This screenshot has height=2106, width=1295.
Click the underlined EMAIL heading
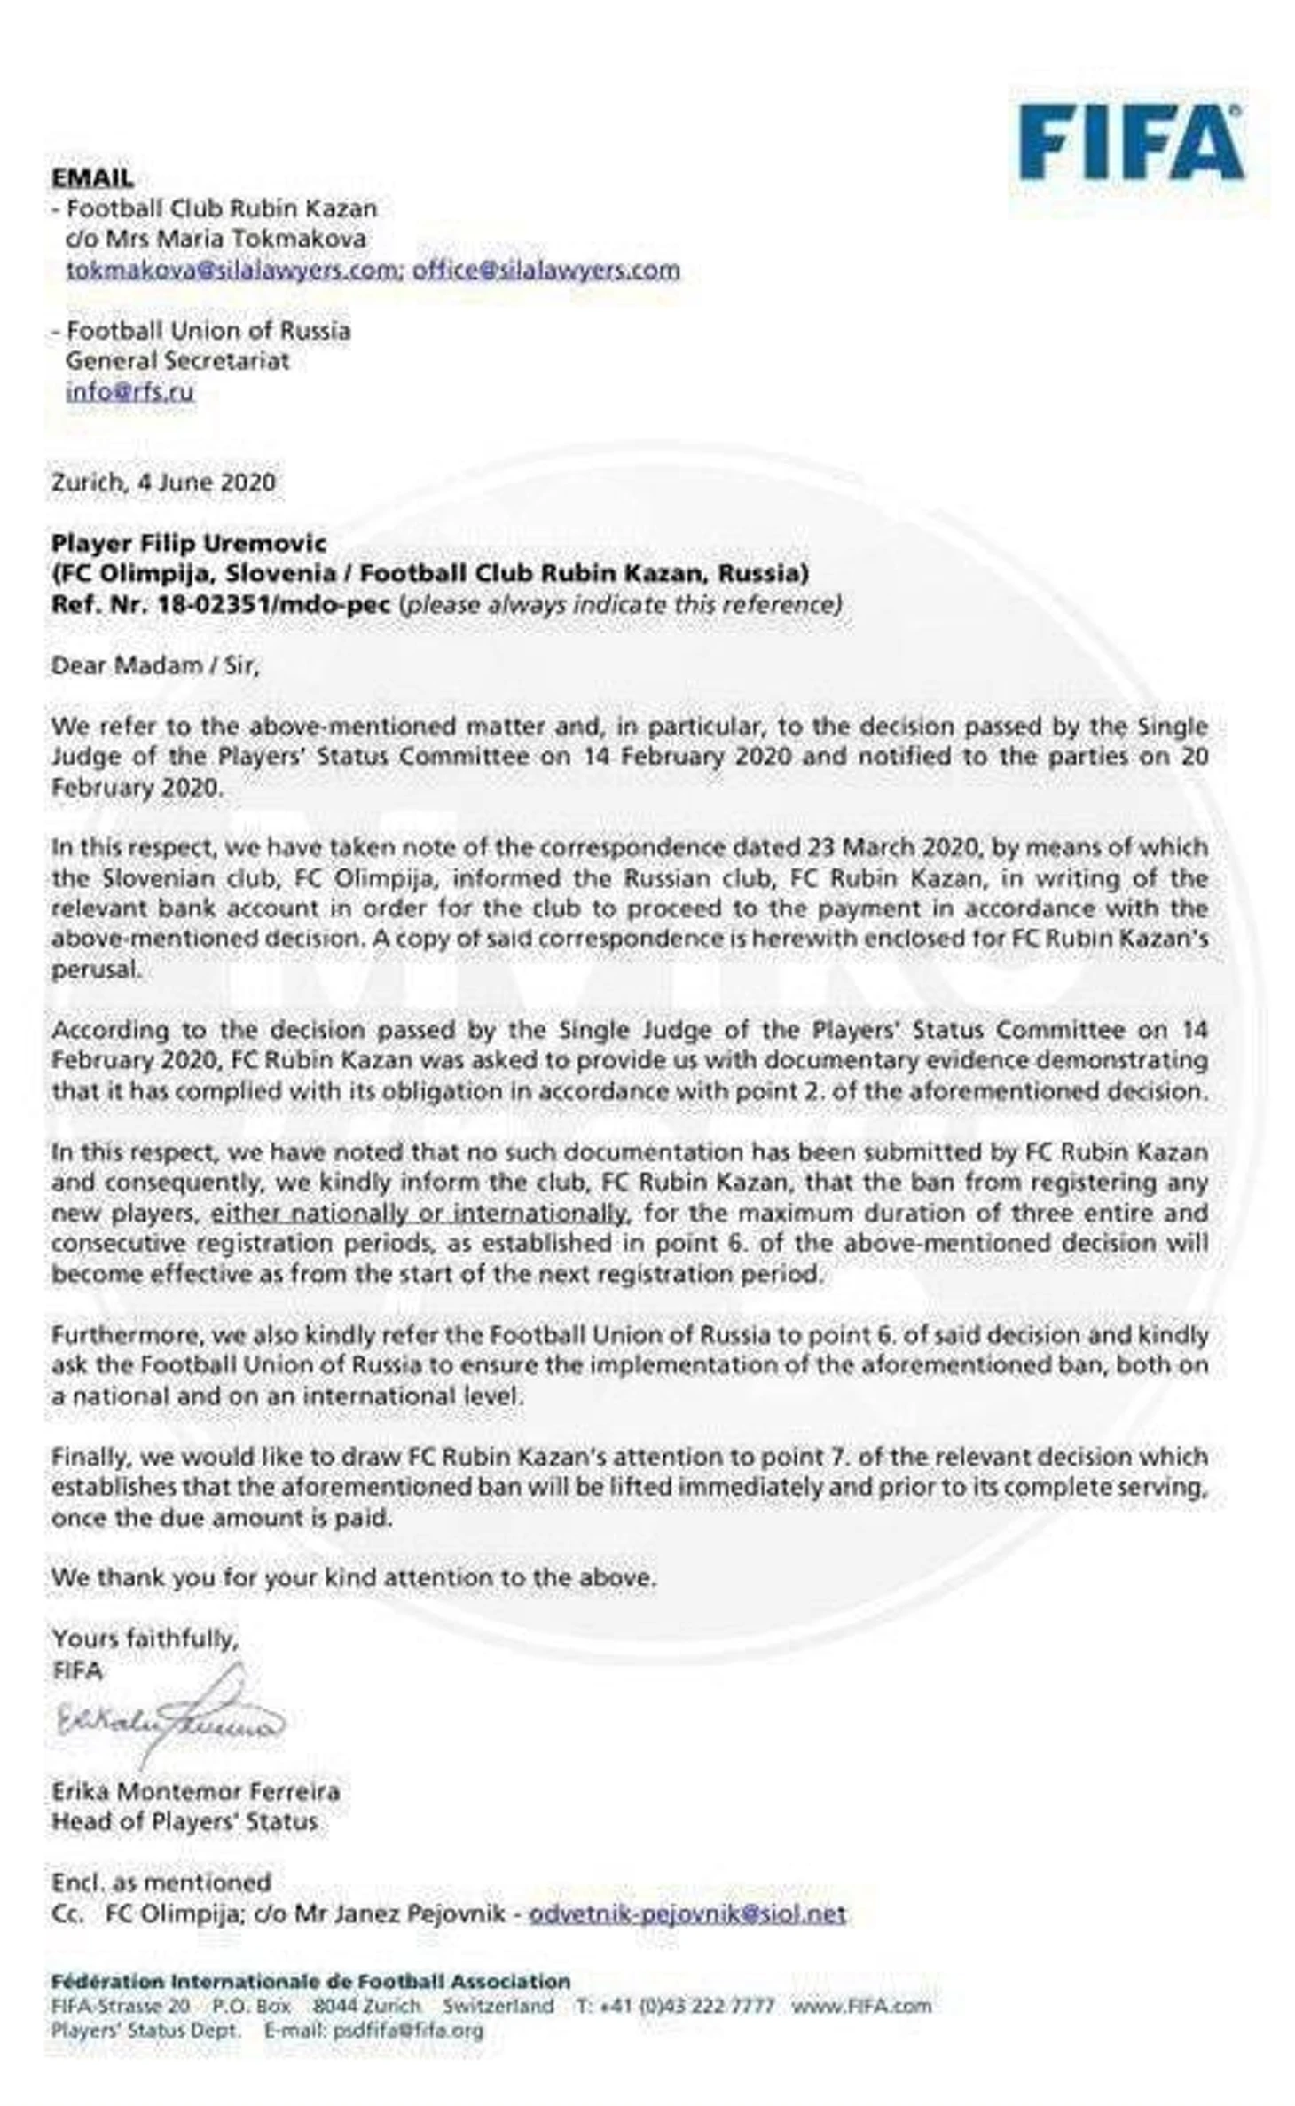point(92,177)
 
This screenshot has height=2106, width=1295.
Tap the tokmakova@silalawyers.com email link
point(234,270)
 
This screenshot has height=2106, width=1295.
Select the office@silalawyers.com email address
point(545,270)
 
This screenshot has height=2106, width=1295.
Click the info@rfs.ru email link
point(129,391)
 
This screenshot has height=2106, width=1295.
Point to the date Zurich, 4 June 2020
point(163,483)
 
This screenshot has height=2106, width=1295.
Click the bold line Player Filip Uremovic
point(189,543)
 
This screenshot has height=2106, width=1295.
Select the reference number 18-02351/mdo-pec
point(273,604)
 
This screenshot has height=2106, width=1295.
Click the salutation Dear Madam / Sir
point(155,665)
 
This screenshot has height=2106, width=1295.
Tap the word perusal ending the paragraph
point(96,969)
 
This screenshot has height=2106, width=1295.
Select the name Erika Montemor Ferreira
point(195,1790)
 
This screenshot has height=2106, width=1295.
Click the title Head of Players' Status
point(184,1821)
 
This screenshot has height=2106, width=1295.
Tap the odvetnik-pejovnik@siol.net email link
point(687,1913)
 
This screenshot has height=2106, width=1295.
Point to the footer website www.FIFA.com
point(861,2006)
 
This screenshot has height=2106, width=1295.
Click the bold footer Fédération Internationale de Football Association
point(310,1981)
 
